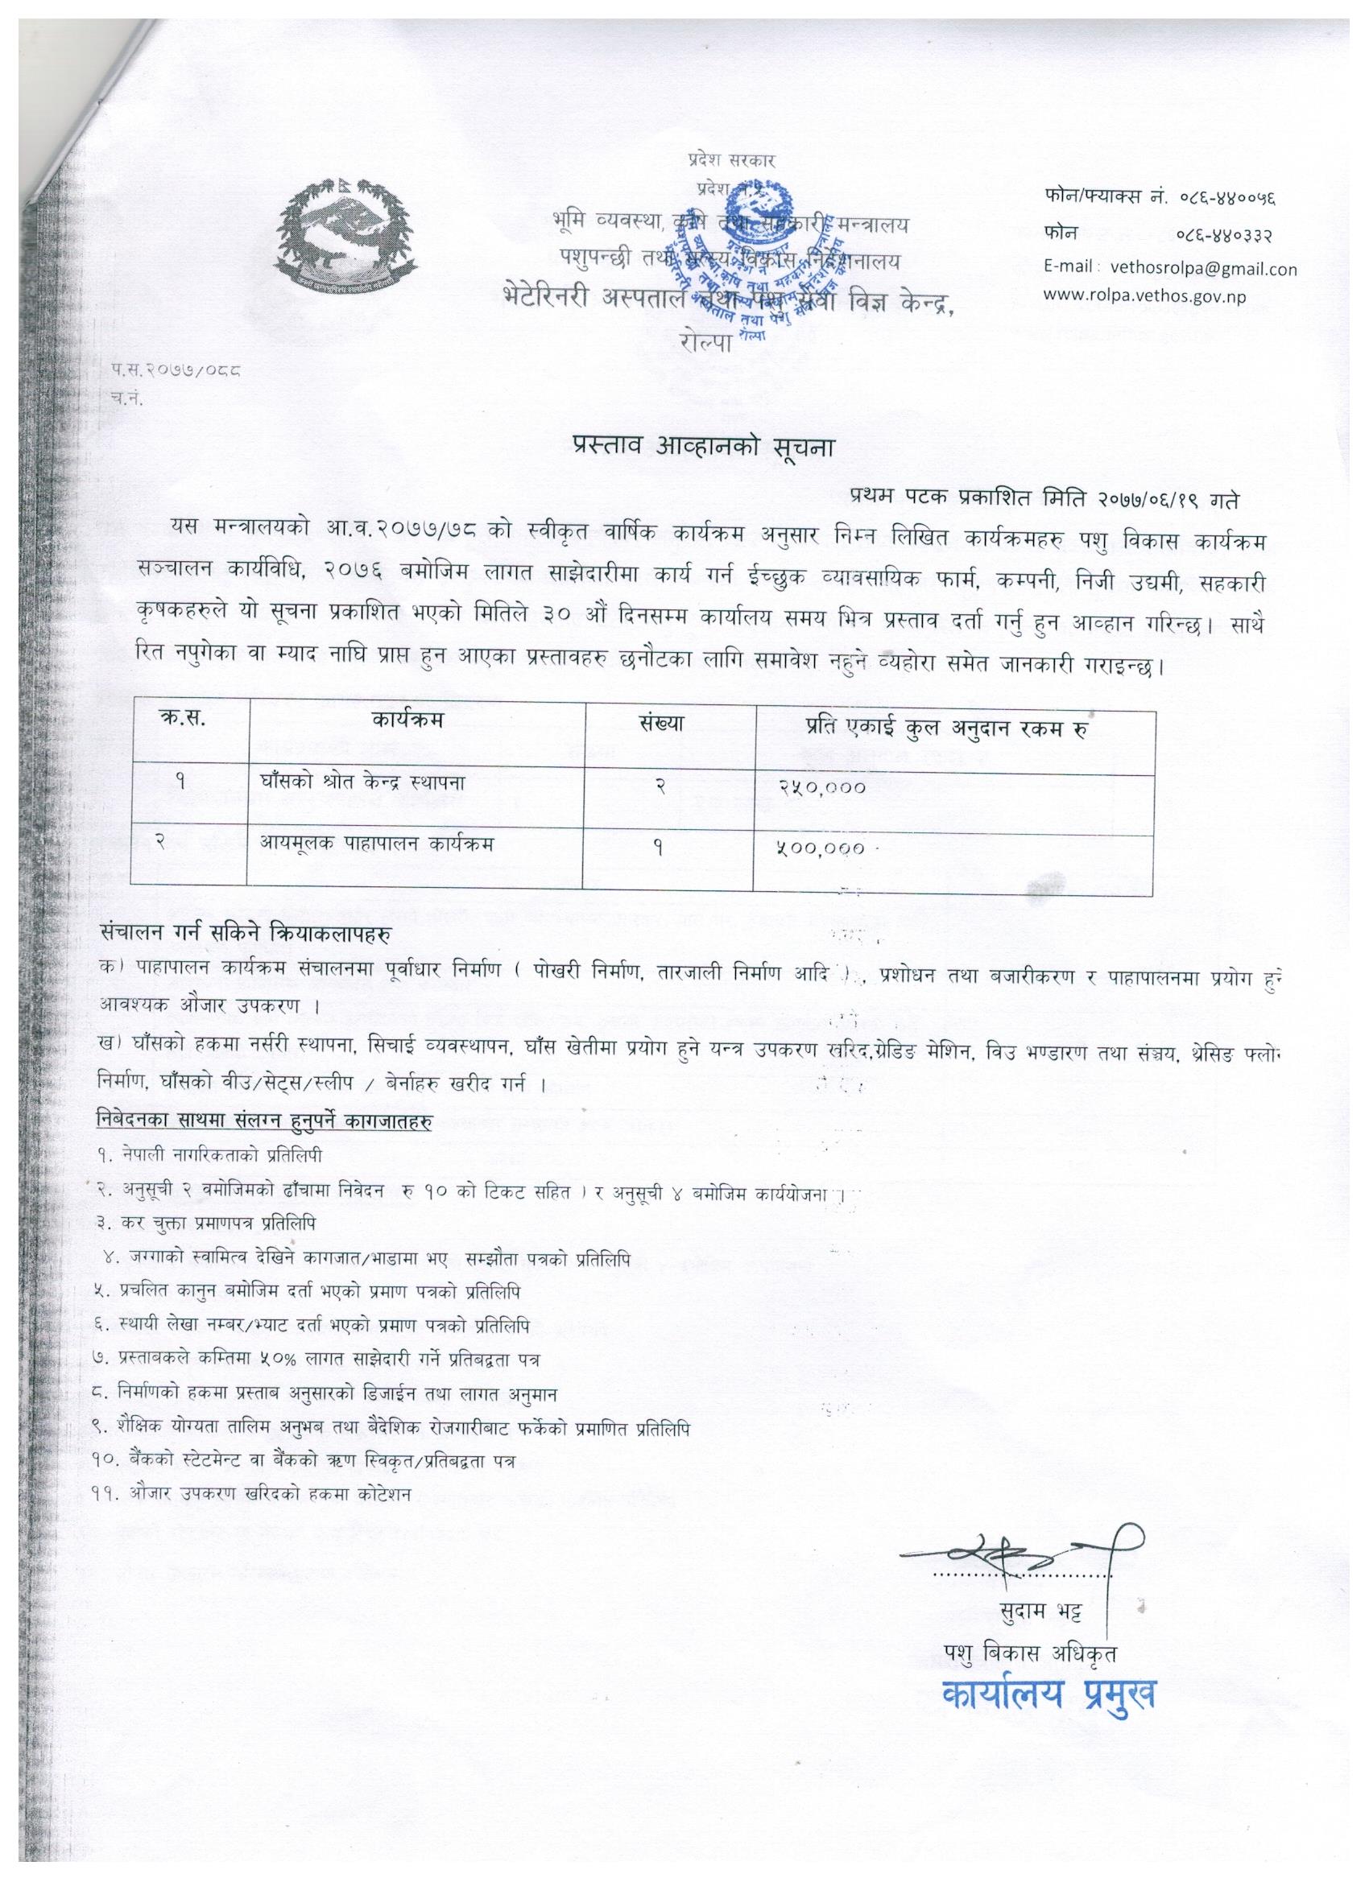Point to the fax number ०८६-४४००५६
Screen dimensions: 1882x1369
1226,197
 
